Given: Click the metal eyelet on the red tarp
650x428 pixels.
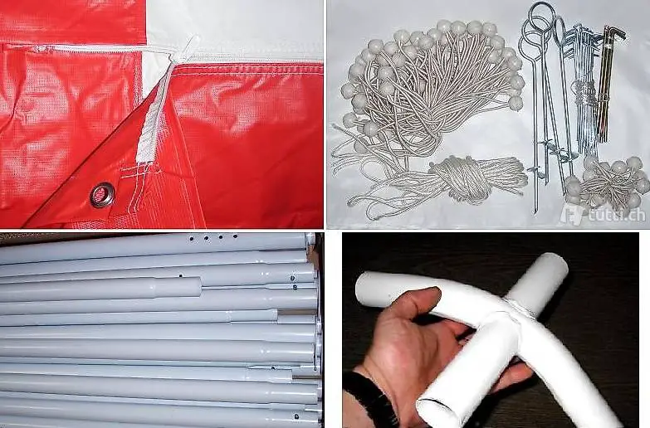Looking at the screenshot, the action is point(101,195).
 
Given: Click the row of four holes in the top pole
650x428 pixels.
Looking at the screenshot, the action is point(213,238).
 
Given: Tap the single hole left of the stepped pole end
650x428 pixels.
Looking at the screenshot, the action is point(181,275).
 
